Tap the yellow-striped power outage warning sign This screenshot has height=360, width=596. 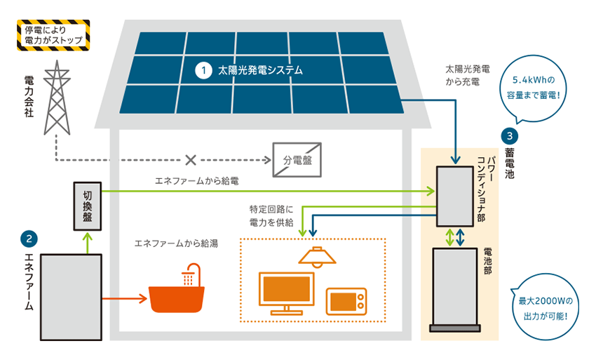coord(53,35)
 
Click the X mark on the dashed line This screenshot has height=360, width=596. coord(191,160)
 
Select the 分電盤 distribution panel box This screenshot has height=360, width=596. coord(297,160)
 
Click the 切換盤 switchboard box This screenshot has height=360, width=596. coord(88,206)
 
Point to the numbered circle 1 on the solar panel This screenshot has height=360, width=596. coord(204,70)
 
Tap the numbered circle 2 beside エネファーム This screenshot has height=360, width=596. coord(29,239)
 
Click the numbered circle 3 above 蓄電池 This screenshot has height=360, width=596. coord(509,136)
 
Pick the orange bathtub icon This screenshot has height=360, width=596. coord(177,288)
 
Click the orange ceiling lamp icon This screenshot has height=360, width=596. coord(318,256)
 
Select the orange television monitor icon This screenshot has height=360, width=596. coord(287,293)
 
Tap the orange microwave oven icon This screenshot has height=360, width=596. coord(346,301)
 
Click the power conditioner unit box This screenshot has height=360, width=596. coord(455,196)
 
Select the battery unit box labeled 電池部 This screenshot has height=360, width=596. coord(455,290)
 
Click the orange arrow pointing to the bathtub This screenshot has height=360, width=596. coord(125,298)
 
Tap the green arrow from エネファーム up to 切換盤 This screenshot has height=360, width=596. coord(88,243)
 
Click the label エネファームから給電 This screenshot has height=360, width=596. coord(197,181)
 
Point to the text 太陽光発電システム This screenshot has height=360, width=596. coord(260,70)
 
